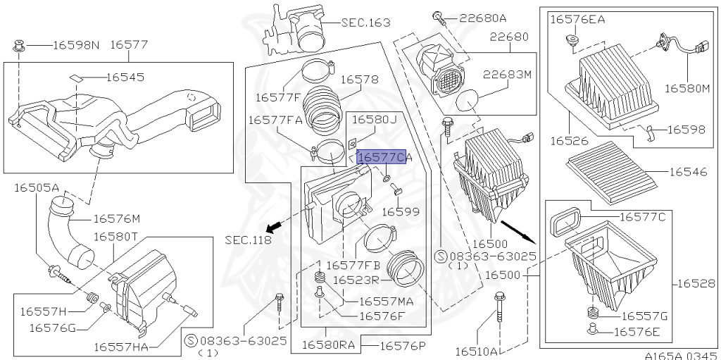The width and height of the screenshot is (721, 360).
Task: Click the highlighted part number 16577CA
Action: (x=383, y=158)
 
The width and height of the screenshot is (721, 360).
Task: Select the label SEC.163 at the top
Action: (x=365, y=23)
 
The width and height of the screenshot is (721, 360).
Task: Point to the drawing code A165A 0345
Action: (x=679, y=354)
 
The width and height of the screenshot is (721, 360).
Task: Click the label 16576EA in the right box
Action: (x=577, y=20)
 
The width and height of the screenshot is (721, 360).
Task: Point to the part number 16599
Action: (x=401, y=211)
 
